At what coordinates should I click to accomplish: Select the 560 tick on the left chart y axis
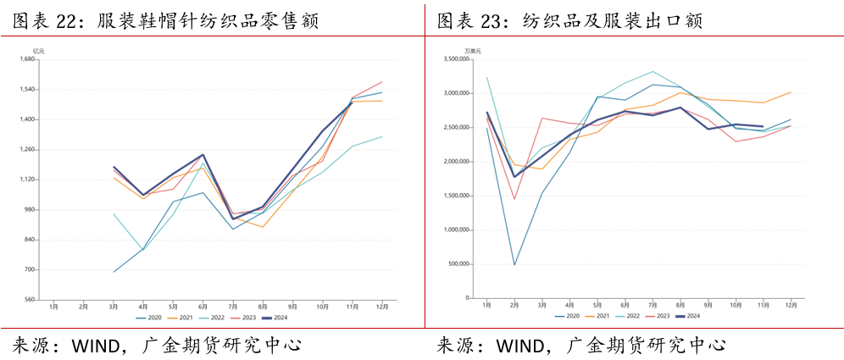click(30, 300)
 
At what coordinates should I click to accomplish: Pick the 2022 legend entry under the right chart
click(628, 316)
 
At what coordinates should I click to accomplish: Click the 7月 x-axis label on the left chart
click(232, 306)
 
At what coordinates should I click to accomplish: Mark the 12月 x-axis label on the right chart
click(790, 304)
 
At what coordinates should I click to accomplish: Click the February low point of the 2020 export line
click(514, 264)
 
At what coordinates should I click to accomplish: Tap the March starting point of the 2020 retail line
click(113, 272)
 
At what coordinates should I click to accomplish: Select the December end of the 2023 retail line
click(382, 82)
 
